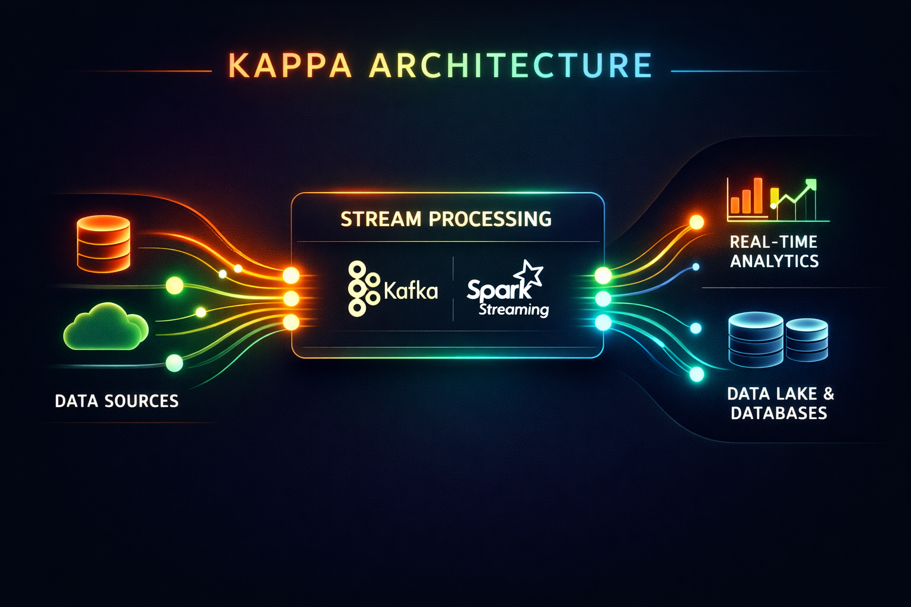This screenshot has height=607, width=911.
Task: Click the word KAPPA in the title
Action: pyautogui.click(x=289, y=65)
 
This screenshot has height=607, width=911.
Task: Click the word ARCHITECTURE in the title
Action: pyautogui.click(x=511, y=65)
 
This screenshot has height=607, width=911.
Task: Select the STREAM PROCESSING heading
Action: pyautogui.click(x=446, y=219)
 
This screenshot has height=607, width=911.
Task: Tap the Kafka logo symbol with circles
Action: pyautogui.click(x=362, y=289)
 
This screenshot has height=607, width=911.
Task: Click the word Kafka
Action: pyautogui.click(x=410, y=290)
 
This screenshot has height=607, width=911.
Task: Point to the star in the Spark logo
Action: pyautogui.click(x=528, y=274)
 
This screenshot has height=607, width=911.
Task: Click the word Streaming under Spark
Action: pyautogui.click(x=514, y=309)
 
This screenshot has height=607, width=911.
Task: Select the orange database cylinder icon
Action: pyautogui.click(x=104, y=244)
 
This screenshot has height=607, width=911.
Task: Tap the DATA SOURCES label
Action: pyautogui.click(x=116, y=401)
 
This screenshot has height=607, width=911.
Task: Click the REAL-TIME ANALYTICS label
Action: pyautogui.click(x=774, y=251)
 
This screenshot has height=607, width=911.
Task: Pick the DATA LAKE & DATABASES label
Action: pyautogui.click(x=780, y=403)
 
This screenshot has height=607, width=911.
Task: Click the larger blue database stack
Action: pyautogui.click(x=756, y=340)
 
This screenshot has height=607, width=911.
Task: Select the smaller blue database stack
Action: pyautogui.click(x=806, y=340)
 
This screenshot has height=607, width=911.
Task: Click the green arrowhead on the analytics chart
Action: pyautogui.click(x=810, y=185)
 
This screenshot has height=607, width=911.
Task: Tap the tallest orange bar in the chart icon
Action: pyautogui.click(x=757, y=195)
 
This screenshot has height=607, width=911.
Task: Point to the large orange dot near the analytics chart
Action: pyautogui.click(x=696, y=222)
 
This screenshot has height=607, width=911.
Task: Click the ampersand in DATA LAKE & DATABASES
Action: pyautogui.click(x=829, y=393)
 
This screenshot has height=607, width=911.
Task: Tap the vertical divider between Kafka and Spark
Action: pyautogui.click(x=453, y=289)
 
